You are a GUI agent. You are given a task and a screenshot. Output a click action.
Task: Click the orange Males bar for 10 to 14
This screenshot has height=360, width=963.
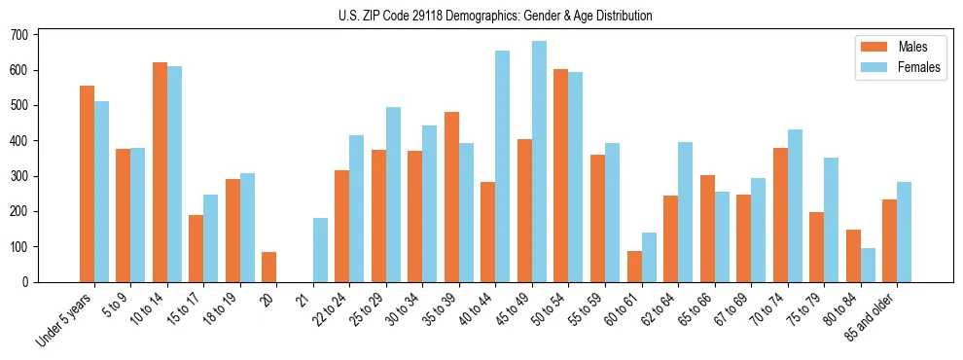click(x=160, y=172)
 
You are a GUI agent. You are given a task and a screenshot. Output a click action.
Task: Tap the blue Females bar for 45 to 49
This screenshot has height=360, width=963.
click(x=539, y=162)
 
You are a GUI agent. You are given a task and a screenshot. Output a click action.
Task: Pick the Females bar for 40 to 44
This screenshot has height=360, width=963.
click(x=503, y=166)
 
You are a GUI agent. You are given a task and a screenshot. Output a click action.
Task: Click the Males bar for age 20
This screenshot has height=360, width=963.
click(x=269, y=268)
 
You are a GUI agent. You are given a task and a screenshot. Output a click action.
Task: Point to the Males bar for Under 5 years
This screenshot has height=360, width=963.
click(x=87, y=184)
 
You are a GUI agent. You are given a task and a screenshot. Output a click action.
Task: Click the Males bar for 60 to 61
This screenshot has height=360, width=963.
click(x=634, y=267)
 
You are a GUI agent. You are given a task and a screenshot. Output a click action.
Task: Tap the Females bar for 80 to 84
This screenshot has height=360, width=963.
click(x=868, y=266)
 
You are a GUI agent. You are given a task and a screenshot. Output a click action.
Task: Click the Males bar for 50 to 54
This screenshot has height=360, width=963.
click(x=561, y=175)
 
